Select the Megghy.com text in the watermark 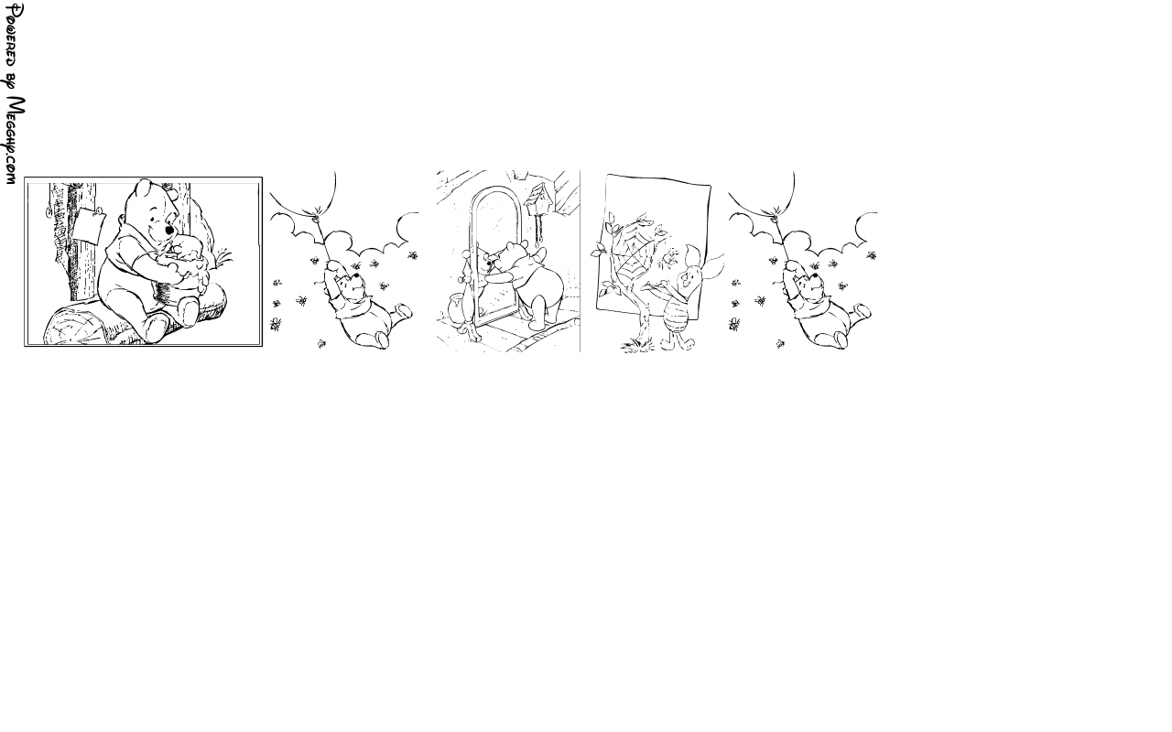(15, 140)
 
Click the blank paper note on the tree (89, 225)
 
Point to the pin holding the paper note (98, 210)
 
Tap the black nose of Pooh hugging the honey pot (169, 230)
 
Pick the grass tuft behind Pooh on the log (224, 258)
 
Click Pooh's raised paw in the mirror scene (540, 255)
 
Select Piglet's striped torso (676, 316)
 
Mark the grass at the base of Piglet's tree (638, 345)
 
